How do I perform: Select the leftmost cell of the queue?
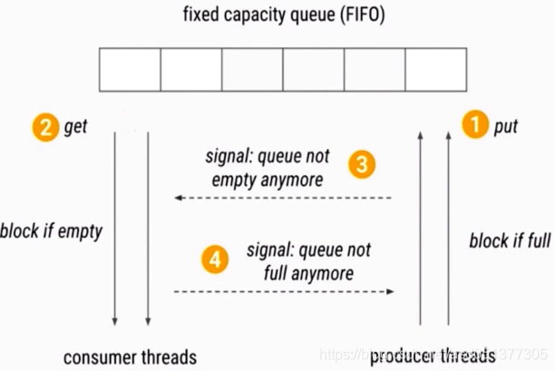click(x=130, y=70)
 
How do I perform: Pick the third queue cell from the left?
click(x=252, y=70)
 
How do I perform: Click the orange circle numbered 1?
click(x=474, y=124)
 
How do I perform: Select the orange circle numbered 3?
click(x=362, y=164)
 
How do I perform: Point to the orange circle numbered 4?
click(x=215, y=259)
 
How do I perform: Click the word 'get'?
click(x=75, y=127)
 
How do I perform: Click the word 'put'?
click(x=505, y=126)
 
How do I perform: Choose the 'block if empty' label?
click(x=52, y=230)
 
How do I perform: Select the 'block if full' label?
click(x=510, y=241)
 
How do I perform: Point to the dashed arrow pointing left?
click(x=283, y=197)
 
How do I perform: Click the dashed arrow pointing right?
click(x=283, y=291)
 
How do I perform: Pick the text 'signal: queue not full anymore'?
click(x=308, y=260)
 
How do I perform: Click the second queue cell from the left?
click(x=191, y=70)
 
